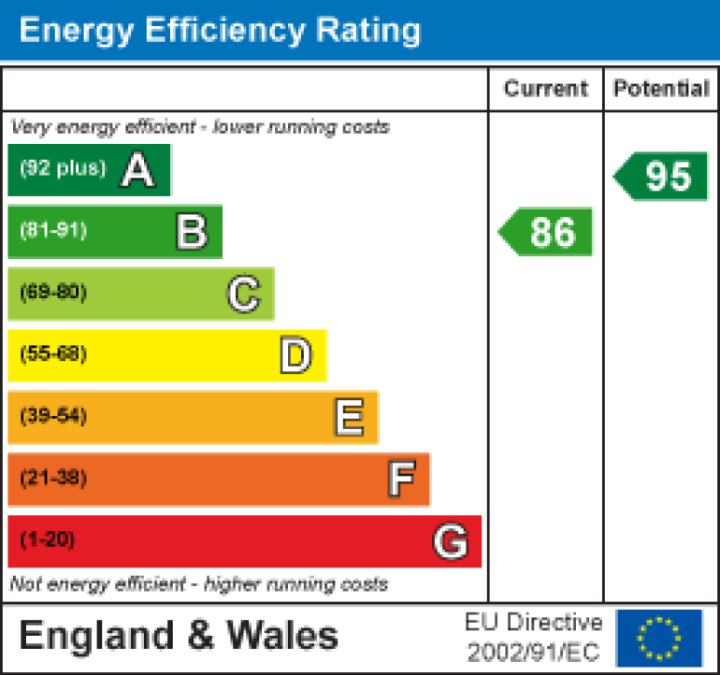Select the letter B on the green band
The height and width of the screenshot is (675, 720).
pos(191,232)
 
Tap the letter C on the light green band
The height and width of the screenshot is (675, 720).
pos(243,294)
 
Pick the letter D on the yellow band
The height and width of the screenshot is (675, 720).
pos(295,355)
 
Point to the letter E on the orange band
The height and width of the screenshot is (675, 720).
pos(348,418)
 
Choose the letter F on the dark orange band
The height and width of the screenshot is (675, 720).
pos(400,480)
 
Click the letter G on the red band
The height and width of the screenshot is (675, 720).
pos(450,541)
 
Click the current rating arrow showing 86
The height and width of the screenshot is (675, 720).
pos(547,232)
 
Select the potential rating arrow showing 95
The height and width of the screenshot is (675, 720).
pos(662,177)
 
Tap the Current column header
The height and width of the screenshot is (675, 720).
pos(546,89)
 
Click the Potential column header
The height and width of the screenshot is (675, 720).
pos(661,89)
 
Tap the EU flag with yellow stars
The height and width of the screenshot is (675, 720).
pos(659,638)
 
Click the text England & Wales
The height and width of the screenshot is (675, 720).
pos(179,636)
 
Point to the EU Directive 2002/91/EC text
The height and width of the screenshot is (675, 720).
pos(534,637)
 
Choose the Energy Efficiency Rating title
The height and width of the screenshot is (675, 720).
pos(220,30)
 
